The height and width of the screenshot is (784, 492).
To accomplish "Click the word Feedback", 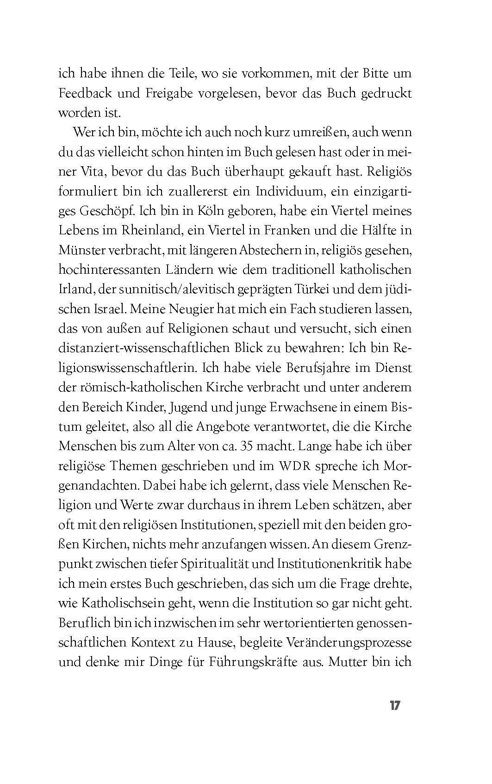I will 86,93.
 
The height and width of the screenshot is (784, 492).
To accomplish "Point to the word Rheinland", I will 156,230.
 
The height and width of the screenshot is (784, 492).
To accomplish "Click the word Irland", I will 74,289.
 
